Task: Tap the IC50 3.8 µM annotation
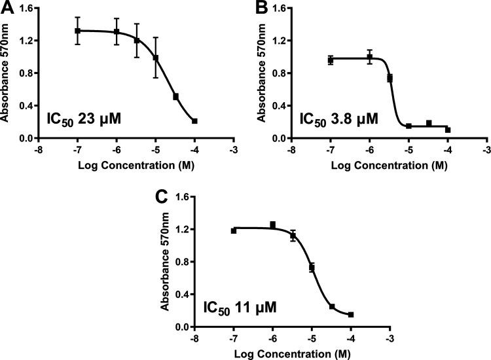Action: pos(338,120)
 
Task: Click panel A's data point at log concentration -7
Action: pos(77,31)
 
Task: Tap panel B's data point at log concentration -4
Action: pos(448,130)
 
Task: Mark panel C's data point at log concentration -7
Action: pos(234,230)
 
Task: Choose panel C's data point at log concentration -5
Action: pos(312,267)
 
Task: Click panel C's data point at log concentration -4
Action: pos(352,315)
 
